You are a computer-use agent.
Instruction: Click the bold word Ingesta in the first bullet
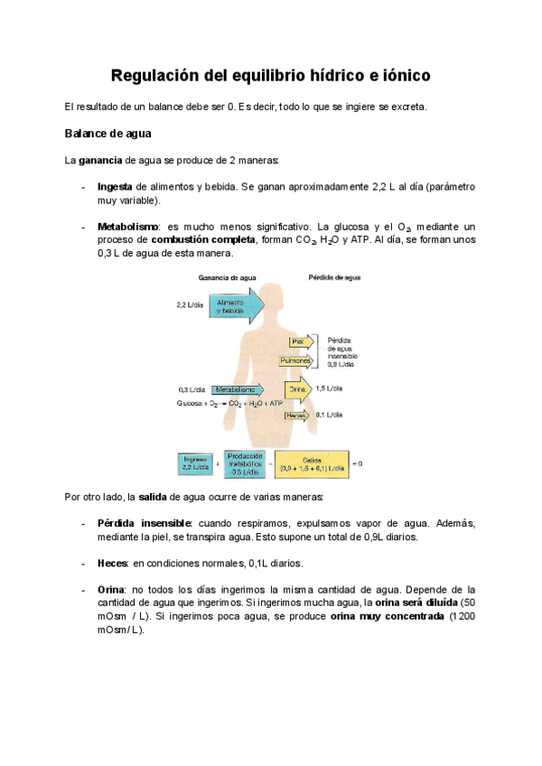[x=116, y=187]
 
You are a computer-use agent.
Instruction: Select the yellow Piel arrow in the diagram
[x=301, y=341]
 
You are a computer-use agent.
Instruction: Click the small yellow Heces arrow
[x=298, y=415]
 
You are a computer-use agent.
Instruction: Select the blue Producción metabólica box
[x=245, y=463]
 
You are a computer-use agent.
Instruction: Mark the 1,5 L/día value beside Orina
[x=329, y=388]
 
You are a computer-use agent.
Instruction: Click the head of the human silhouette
[x=270, y=301]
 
